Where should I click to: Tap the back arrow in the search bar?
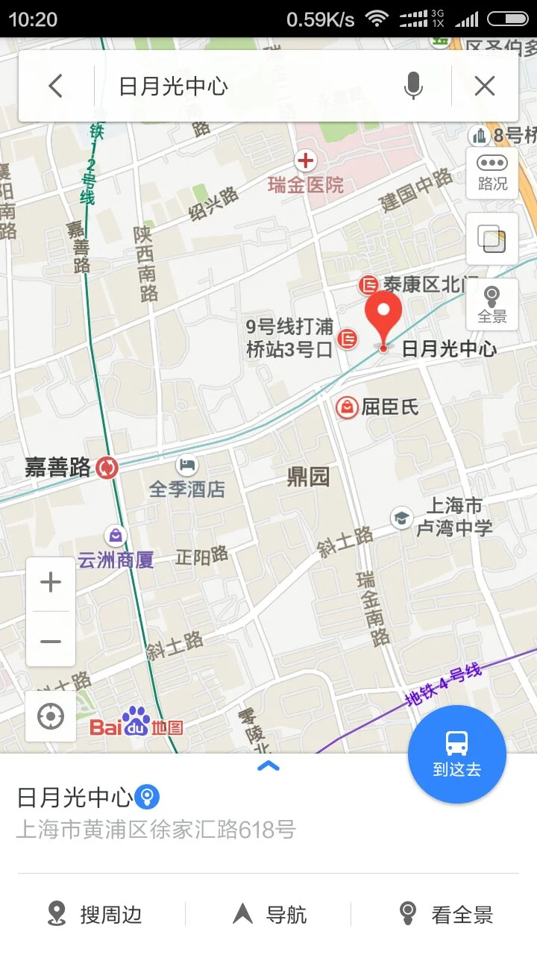pos(55,86)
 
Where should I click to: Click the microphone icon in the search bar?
pos(413,87)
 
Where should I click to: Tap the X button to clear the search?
pos(485,87)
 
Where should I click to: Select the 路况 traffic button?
pos(492,172)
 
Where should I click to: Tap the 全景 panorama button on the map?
pos(492,304)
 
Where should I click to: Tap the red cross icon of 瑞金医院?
pos(305,160)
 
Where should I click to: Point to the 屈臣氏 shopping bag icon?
pos(347,407)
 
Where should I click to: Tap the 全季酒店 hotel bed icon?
pos(186,466)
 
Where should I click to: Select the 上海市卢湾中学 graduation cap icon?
pos(402,518)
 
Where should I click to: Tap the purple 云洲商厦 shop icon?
pos(116,535)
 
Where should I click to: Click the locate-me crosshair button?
pos(51,717)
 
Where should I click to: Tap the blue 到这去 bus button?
pos(456,754)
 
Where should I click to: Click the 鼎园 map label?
pos(308,477)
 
